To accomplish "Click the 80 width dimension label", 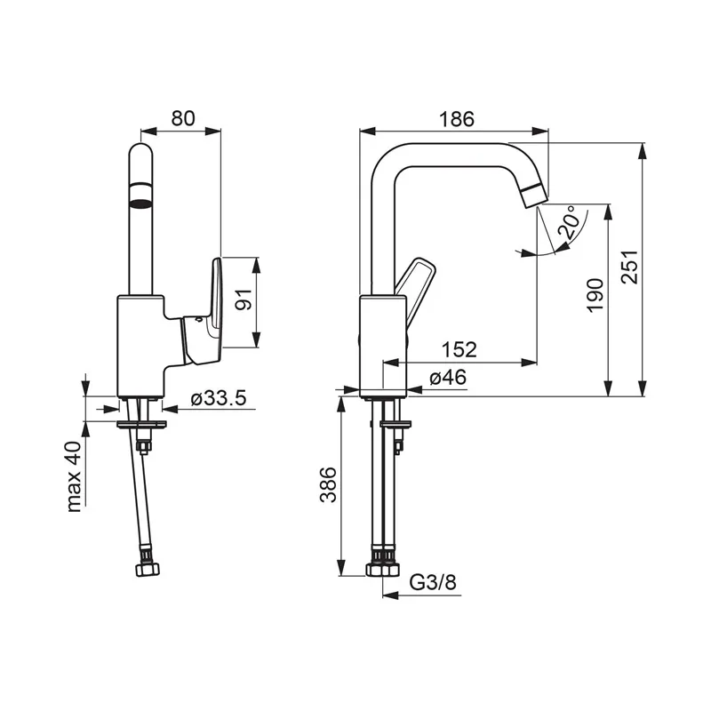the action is [x=183, y=118].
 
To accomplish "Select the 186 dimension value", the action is [x=457, y=119].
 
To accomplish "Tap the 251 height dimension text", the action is [x=629, y=268].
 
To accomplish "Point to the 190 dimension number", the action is [x=595, y=295].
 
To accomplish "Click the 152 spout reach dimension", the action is [x=459, y=349].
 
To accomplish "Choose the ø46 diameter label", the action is [x=448, y=377].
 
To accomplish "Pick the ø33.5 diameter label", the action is [x=219, y=398].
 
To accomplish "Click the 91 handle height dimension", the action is [x=244, y=300].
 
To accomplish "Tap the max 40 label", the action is [x=74, y=476].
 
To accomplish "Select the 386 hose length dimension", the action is [x=328, y=484].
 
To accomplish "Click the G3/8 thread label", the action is [x=433, y=582].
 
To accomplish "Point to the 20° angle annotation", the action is [x=569, y=223].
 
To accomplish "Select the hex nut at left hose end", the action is [x=148, y=570].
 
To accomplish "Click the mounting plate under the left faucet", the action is [x=141, y=425].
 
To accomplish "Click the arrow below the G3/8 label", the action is [x=421, y=595].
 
